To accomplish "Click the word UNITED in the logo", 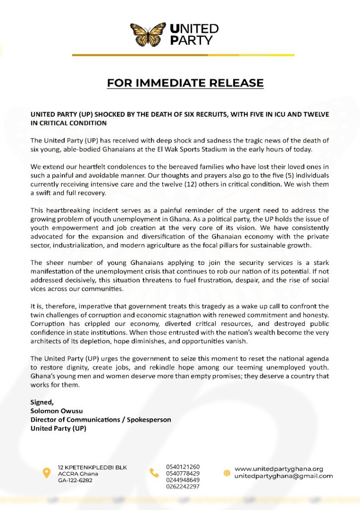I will [194, 28].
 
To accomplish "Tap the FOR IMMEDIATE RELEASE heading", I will [185, 83].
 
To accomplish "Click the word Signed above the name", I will [41, 402].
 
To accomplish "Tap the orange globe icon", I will [227, 472].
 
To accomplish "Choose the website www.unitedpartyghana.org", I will [279, 469].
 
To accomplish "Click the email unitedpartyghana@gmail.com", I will [284, 476].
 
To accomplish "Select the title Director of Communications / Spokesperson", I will [101, 419].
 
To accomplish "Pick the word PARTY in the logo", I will [191, 40].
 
